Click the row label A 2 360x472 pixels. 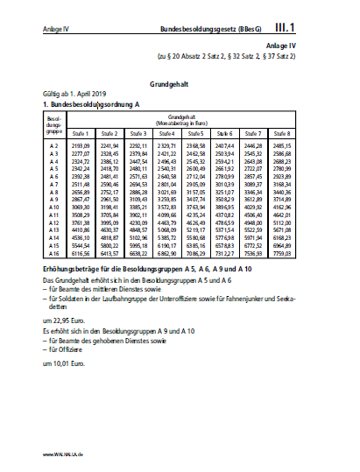(53, 144)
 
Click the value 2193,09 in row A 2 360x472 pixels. (81, 144)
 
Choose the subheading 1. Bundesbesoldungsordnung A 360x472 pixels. (90, 105)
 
